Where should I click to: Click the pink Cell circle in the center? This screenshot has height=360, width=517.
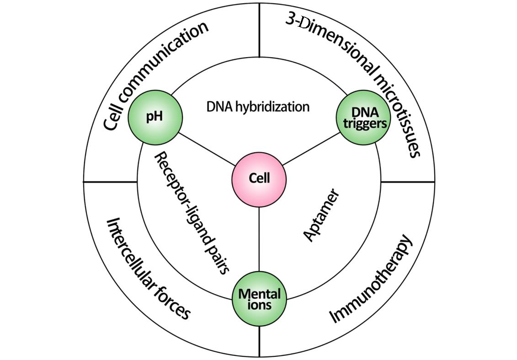click(x=259, y=178)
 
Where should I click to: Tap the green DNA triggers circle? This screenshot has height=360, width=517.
click(x=363, y=116)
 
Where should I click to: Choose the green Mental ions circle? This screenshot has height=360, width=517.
click(x=259, y=298)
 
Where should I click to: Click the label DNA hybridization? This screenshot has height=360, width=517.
click(x=258, y=107)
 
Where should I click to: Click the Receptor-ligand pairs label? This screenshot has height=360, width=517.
click(x=191, y=213)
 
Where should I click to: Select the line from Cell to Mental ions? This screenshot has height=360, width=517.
click(x=259, y=238)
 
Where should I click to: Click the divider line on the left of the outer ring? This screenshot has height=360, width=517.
click(x=110, y=182)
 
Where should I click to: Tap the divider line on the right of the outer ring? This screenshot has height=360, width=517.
click(x=407, y=182)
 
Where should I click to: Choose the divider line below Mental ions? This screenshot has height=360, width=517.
click(x=259, y=341)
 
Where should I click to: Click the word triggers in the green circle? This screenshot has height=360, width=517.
click(x=363, y=123)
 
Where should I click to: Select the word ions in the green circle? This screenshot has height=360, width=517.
click(x=259, y=305)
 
